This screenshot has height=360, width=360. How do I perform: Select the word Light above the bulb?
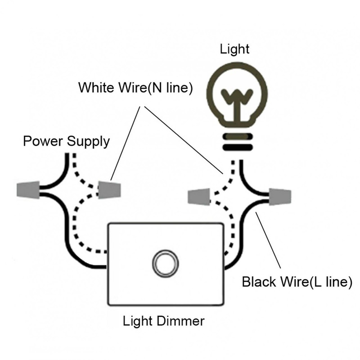pos(235,49)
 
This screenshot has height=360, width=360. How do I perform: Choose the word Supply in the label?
pos(89,141)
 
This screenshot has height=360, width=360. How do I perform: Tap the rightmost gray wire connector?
pos(280,197)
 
